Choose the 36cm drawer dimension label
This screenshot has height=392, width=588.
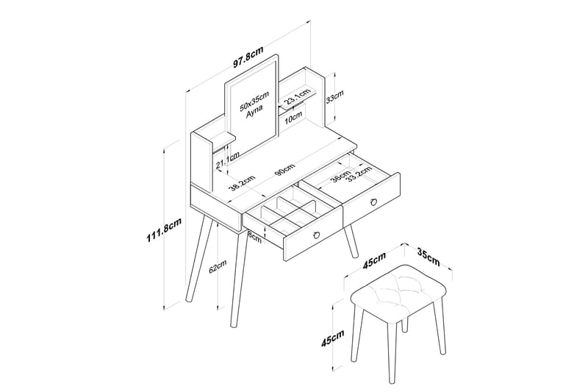pos(340,177)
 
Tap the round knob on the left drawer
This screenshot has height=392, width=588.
pos(318,234)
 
